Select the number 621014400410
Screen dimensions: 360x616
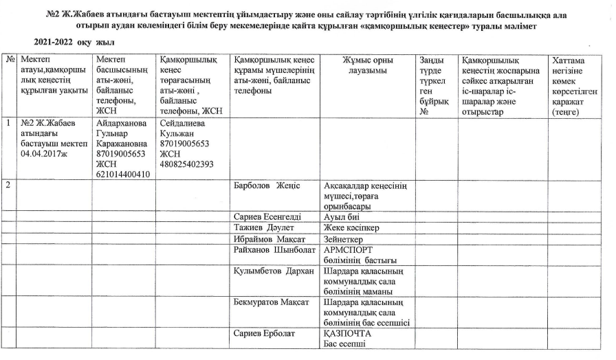[124, 175]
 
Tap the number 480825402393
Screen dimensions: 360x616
[186, 164]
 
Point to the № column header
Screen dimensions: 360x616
[10, 60]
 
